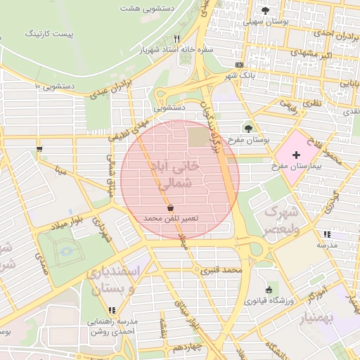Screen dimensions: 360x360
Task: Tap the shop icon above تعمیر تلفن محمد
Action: tap(171, 207)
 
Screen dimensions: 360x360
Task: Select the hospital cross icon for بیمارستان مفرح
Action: tap(296, 154)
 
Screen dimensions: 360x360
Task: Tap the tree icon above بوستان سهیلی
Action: tap(265, 10)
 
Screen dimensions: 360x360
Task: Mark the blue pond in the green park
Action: tap(66, 251)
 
